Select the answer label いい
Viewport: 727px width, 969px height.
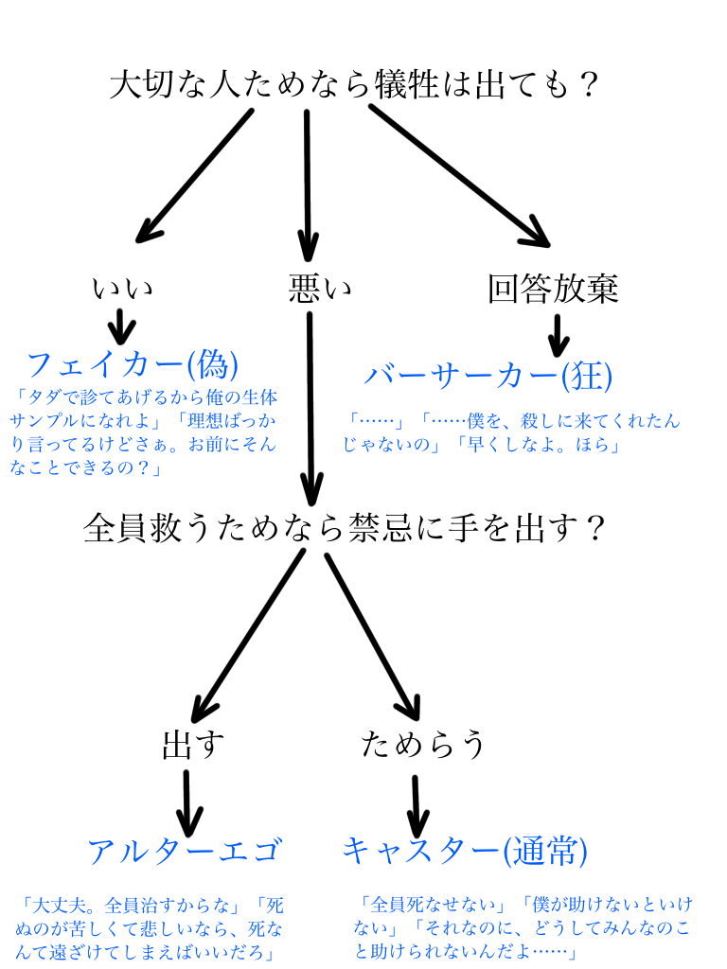point(122,289)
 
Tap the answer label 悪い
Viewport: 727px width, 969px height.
point(319,289)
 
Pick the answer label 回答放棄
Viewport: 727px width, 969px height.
point(553,289)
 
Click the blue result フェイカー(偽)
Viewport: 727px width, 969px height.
point(132,364)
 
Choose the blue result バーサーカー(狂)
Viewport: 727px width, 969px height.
point(488,376)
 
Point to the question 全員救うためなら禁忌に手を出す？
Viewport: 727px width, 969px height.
point(345,527)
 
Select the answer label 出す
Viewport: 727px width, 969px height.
point(193,746)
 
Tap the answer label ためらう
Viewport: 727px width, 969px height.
point(423,746)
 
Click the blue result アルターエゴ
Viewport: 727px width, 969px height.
point(185,851)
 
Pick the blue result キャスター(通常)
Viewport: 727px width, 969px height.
point(464,851)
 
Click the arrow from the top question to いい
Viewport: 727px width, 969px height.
point(194,175)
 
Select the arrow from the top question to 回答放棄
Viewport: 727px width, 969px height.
point(459,175)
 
